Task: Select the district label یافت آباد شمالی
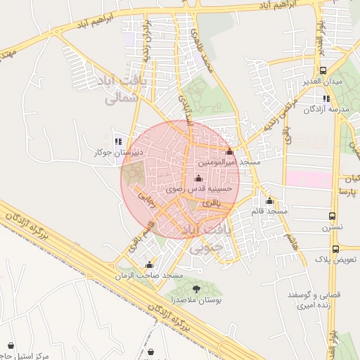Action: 127,89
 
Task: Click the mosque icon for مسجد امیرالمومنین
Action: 229,152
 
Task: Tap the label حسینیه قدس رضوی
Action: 195,190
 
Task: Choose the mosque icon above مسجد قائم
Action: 269,201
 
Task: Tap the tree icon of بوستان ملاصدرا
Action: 195,290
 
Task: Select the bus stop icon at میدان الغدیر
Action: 323,71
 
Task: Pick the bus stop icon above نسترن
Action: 333,217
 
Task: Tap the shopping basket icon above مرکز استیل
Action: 11,345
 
